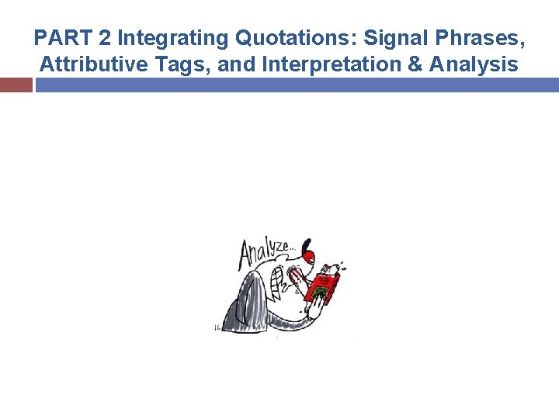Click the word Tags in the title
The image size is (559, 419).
pyautogui.click(x=182, y=64)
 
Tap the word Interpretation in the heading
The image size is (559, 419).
pyautogui.click(x=331, y=64)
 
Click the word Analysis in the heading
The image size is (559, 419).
pyautogui.click(x=474, y=64)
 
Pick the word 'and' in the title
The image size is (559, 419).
pyautogui.click(x=238, y=64)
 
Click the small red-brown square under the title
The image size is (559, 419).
pyautogui.click(x=16, y=85)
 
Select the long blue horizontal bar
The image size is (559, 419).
pyautogui.click(x=297, y=85)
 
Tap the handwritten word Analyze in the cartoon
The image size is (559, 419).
pyautogui.click(x=264, y=251)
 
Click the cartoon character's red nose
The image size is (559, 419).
pyautogui.click(x=309, y=256)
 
